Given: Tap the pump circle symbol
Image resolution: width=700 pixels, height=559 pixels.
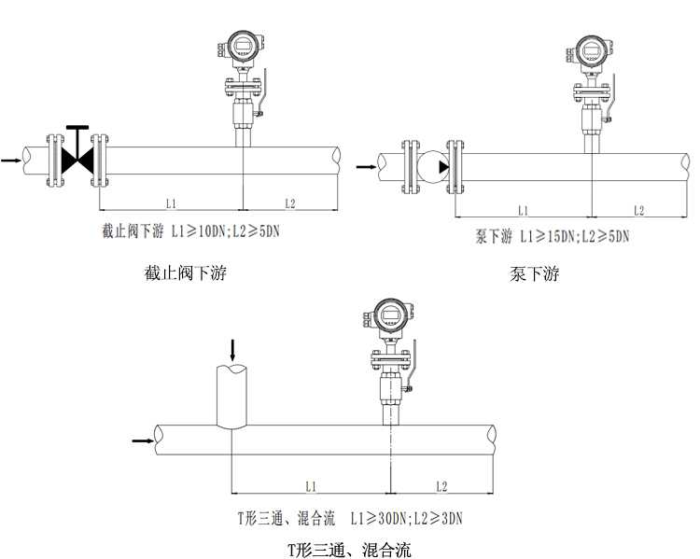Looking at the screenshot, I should point(430,167).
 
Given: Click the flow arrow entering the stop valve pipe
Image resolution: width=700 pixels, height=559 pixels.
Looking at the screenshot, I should point(11,161).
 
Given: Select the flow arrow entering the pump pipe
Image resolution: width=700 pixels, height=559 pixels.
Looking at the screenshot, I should point(365,167).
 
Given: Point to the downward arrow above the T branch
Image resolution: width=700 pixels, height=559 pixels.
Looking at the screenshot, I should point(232,351).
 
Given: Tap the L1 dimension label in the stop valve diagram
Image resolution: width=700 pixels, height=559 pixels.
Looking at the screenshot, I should point(171,203).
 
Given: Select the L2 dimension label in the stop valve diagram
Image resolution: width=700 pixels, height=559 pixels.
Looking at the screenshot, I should point(289,203).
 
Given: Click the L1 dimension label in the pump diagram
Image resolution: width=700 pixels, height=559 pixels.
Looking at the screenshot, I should point(523,210).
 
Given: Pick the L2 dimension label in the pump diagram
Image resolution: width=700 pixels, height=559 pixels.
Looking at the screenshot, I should point(638,210).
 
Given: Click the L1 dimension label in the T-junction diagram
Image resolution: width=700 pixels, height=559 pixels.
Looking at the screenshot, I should point(311,486).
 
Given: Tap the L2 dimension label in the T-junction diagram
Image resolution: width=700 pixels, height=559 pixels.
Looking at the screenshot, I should point(441,486).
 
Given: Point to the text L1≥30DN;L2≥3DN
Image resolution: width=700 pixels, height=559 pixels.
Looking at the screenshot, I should point(408,516).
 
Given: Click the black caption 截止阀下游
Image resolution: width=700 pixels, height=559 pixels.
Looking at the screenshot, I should point(186,273).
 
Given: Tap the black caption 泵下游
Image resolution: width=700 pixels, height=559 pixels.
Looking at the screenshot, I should point(535,274).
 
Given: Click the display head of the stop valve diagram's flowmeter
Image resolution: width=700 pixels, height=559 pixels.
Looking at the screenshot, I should point(242,47).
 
